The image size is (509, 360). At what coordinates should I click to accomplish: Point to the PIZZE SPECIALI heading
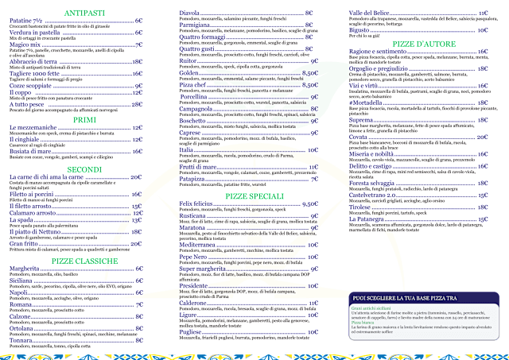coord(255,195)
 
